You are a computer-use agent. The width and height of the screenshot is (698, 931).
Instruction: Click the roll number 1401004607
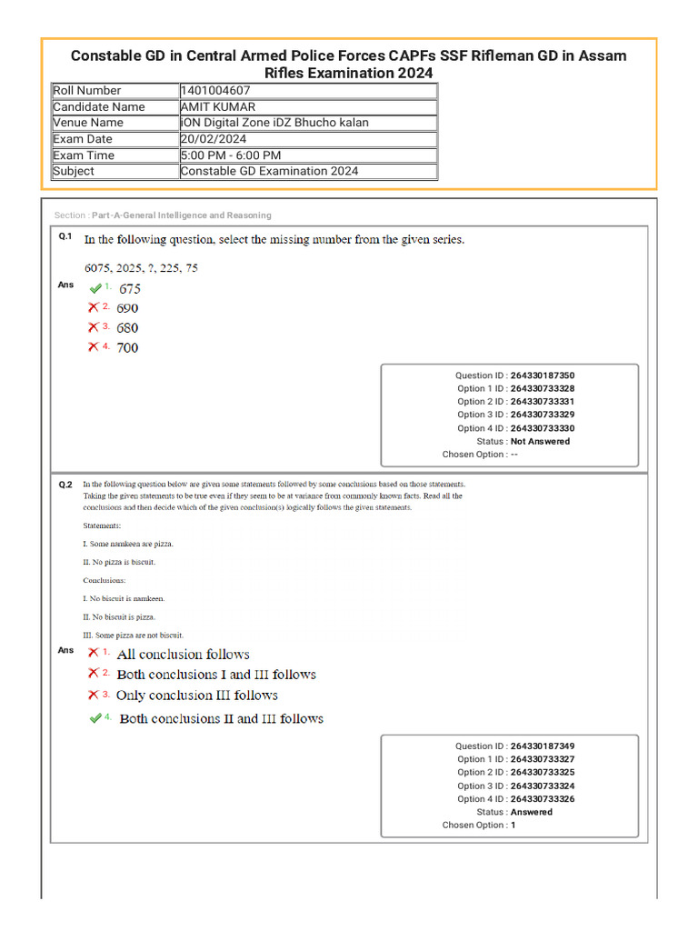215,91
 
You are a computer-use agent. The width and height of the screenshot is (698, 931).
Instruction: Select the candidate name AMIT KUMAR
218,107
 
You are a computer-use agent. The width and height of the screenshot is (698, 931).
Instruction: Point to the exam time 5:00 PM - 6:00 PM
231,155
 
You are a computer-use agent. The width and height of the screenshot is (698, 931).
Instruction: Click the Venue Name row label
88,123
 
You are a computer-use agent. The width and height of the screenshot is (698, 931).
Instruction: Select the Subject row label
74,171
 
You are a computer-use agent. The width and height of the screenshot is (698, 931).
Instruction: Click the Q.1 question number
65,236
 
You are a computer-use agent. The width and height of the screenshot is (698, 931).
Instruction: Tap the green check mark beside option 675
95,288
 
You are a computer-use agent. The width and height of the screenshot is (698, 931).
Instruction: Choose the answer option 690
127,308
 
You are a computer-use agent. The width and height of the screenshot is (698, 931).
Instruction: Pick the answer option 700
127,347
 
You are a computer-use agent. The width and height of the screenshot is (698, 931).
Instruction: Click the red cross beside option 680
94,327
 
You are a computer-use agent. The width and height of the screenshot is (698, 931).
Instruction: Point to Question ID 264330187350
542,375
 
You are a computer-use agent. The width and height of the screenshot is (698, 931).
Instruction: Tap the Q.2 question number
65,485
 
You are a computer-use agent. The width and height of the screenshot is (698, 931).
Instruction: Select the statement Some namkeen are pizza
129,544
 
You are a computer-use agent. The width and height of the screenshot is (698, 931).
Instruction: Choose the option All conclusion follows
183,655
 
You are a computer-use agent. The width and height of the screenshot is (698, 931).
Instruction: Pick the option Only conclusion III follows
196,696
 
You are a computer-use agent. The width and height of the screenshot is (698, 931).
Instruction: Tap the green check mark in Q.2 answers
95,718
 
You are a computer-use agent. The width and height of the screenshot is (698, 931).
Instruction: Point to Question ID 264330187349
542,746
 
